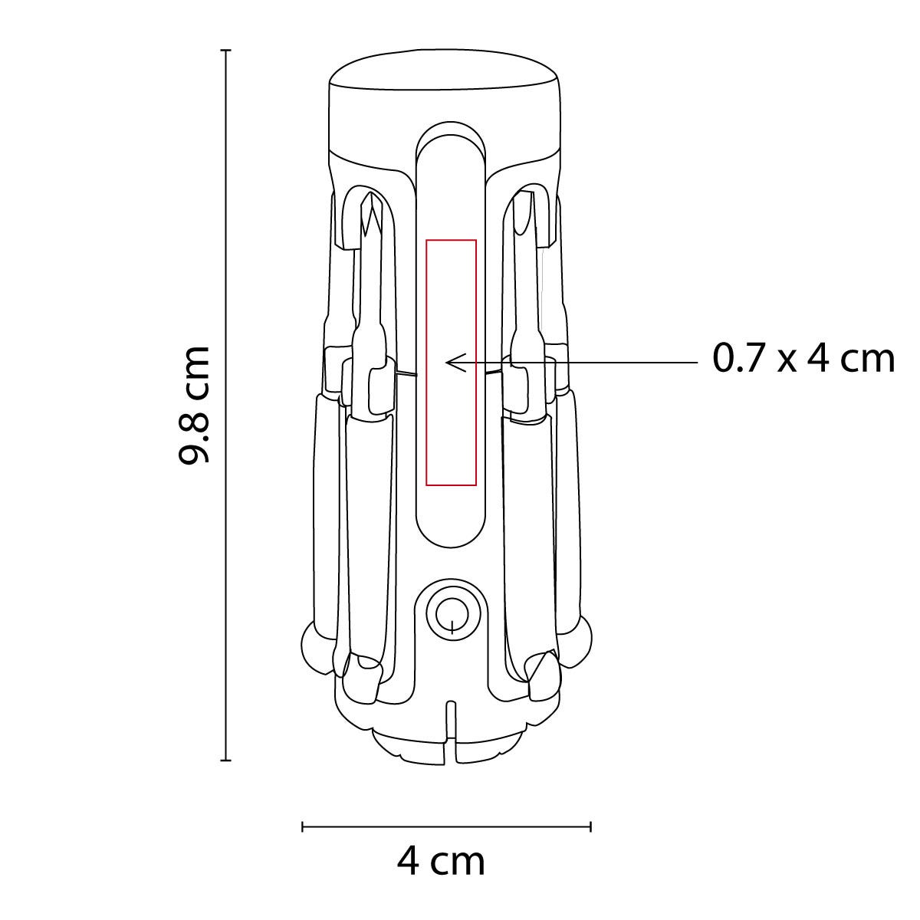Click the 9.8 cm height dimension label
(193, 404)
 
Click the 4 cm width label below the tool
(441, 861)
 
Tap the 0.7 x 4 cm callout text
(803, 359)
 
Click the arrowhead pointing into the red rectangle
(454, 363)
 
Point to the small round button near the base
(452, 613)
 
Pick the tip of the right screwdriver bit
(524, 193)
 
